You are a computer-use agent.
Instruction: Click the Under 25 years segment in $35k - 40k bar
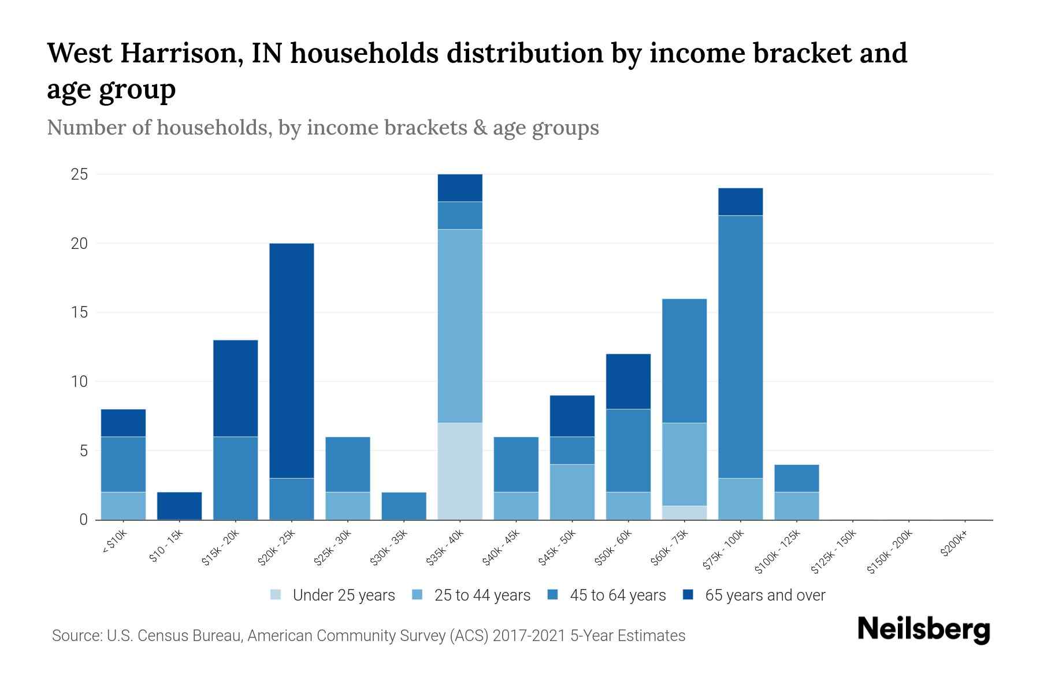pos(460,471)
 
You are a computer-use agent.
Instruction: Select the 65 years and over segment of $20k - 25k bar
pos(291,360)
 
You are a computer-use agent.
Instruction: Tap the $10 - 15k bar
pos(179,506)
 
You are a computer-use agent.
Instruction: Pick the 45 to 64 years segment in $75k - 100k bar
pos(740,346)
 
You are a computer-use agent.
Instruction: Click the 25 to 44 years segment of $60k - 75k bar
pos(684,464)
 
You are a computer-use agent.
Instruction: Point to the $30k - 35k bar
pos(404,506)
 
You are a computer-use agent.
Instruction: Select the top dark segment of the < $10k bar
pos(123,423)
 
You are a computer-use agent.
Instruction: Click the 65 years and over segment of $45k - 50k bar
pos(572,416)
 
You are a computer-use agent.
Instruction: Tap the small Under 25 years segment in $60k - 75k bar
pos(684,513)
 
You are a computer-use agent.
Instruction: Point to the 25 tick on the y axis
pos(79,174)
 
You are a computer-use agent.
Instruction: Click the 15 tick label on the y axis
pos(79,312)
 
